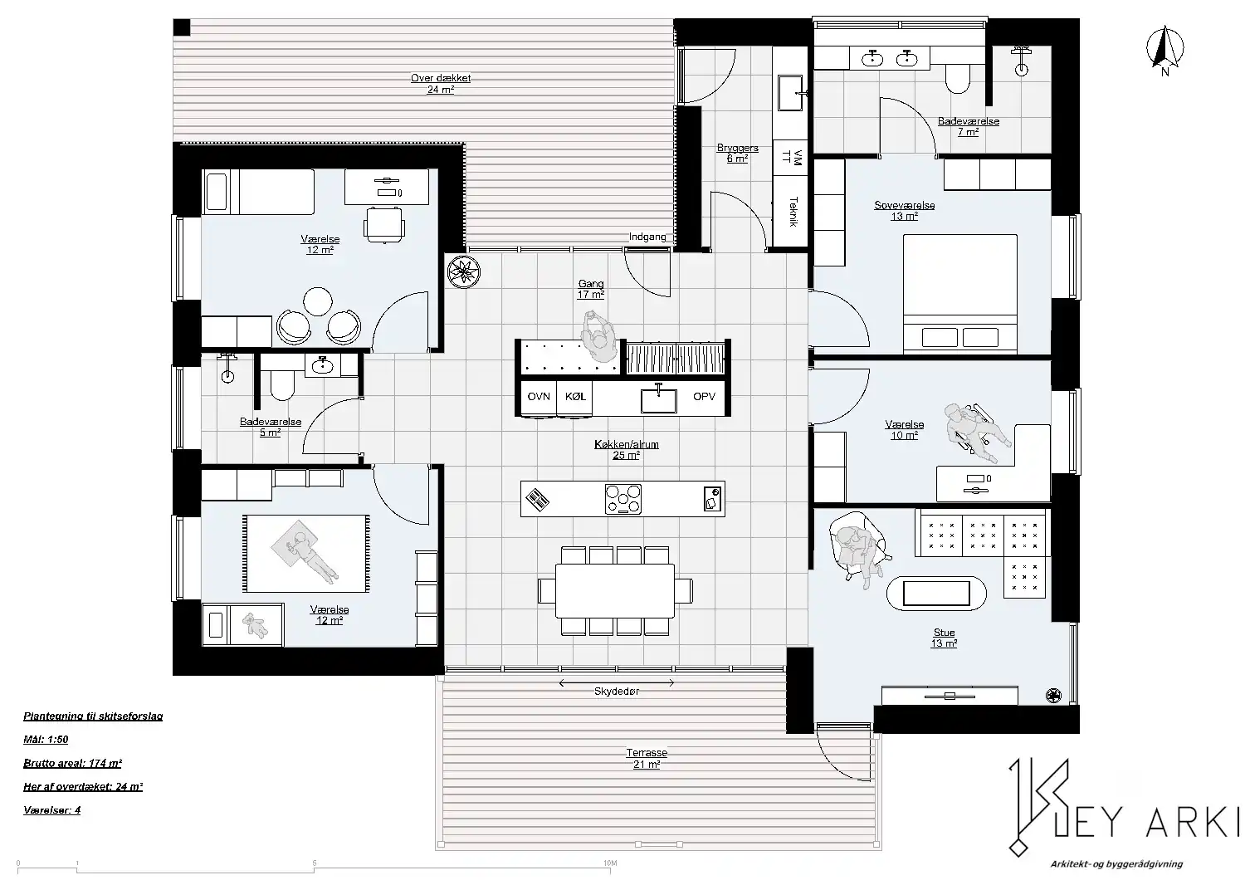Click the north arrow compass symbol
(x=1165, y=50)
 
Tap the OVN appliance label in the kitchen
(x=539, y=396)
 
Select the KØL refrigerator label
(x=575, y=396)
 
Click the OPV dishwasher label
(x=704, y=396)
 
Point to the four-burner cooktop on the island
(x=623, y=499)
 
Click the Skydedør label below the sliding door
(x=617, y=691)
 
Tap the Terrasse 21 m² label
(x=647, y=758)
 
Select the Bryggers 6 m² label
(x=738, y=153)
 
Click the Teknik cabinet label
(x=793, y=212)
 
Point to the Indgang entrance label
(x=647, y=237)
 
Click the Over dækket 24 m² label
(x=441, y=83)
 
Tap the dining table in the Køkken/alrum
(x=615, y=590)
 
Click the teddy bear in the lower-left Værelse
(x=255, y=625)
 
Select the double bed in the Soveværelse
(x=960, y=294)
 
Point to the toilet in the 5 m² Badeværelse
(x=282, y=384)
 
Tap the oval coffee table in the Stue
(x=936, y=594)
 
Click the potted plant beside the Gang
(x=463, y=271)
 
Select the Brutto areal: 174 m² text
(x=73, y=763)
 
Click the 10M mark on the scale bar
(x=610, y=863)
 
